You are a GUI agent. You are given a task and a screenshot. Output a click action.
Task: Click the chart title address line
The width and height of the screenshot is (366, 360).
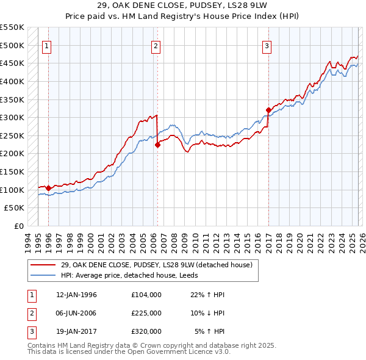[182, 6]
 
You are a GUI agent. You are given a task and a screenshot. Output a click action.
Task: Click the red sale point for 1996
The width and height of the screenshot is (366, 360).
[48, 188]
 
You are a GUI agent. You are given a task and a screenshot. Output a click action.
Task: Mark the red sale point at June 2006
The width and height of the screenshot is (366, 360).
[157, 145]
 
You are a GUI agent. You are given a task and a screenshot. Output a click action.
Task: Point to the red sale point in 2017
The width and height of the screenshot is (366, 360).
[268, 110]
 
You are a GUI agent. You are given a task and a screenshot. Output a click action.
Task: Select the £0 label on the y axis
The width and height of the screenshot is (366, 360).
[18, 226]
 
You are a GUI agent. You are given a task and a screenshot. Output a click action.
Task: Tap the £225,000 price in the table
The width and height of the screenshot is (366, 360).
[146, 313]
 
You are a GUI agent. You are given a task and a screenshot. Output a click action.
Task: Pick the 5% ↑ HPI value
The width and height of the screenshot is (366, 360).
[209, 331]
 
